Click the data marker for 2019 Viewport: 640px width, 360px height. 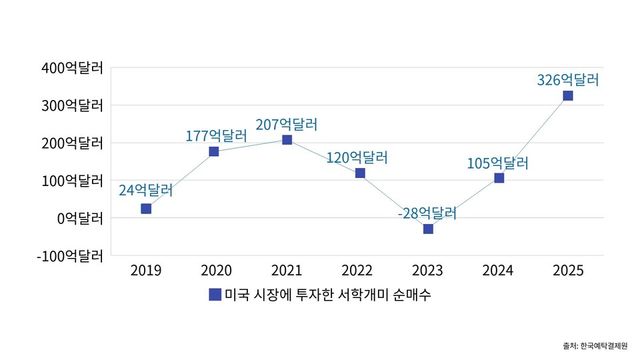coord(146,209)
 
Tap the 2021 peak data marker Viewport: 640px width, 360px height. coord(287,140)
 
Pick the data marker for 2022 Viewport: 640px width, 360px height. coord(359,173)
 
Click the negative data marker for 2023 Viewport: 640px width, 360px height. coord(429,229)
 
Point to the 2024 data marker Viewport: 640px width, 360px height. coord(499,178)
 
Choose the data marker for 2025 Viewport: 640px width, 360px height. coord(568,96)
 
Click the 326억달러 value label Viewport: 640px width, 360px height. coord(567,78)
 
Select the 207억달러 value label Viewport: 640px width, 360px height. coord(286,124)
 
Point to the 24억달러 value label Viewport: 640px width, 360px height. coord(146,190)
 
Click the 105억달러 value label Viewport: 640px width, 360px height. coord(497,162)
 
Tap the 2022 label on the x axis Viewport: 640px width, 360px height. coord(357,270)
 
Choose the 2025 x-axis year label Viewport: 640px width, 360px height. coord(568,270)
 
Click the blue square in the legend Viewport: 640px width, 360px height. coord(214,295)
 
